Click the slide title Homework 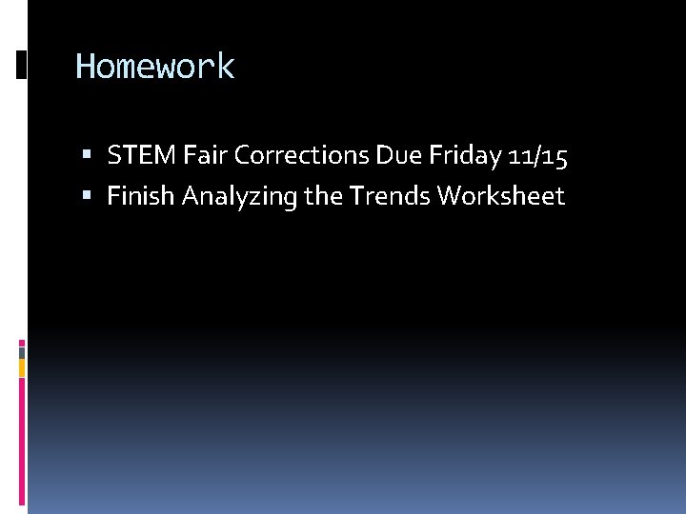pos(154,68)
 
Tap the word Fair pos(202,156)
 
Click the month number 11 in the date pos(520,156)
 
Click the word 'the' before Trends pos(324,196)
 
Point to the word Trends pos(390,196)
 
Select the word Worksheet pos(501,196)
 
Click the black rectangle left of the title pos(22,65)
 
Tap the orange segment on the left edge pos(22,367)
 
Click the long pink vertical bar pos(22,443)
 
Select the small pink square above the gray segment pos(22,342)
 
